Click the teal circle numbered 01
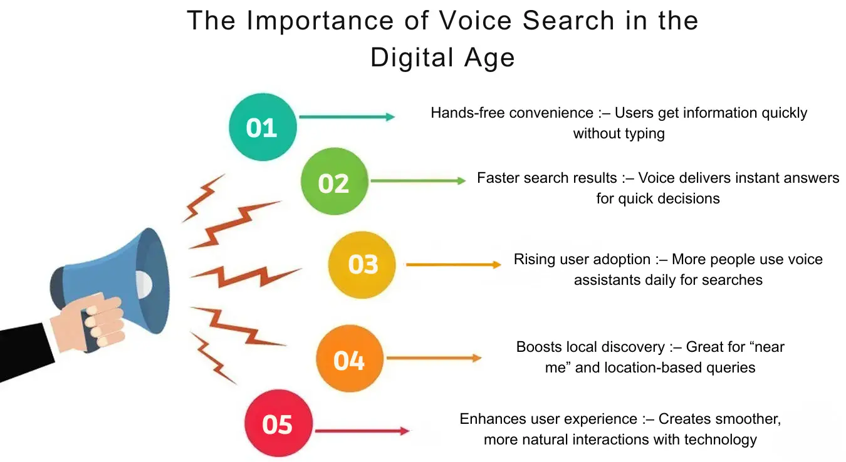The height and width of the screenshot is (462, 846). [262, 128]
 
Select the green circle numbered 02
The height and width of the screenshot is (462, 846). [333, 182]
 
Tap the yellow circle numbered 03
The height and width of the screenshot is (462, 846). [363, 264]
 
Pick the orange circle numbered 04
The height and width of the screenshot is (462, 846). [349, 359]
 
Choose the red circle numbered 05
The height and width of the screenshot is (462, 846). [278, 424]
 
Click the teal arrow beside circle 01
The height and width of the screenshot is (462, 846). [347, 117]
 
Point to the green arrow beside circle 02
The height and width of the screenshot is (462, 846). [418, 181]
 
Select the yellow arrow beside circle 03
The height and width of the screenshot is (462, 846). [453, 265]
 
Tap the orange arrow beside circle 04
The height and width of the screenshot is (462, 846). [434, 358]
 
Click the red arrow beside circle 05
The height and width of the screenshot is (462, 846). [362, 431]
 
